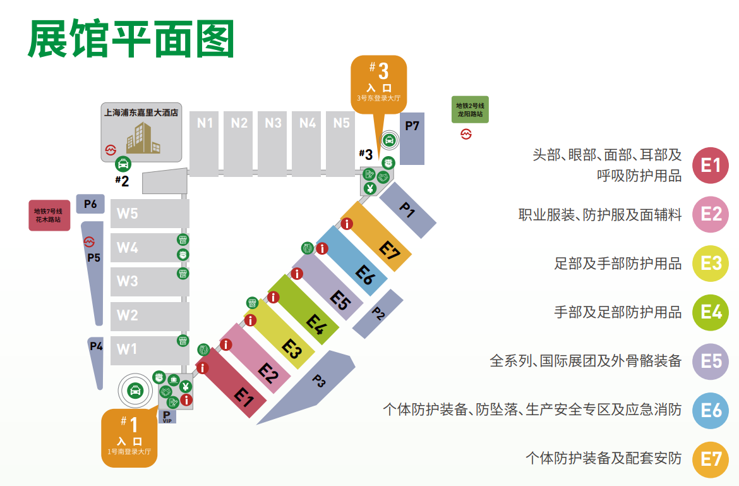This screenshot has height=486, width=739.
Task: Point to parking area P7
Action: click(x=412, y=139)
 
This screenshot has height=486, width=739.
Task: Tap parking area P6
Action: click(x=90, y=204)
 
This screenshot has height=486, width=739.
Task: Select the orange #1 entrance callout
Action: click(x=129, y=438)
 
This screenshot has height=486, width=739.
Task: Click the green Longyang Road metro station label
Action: click(x=470, y=109)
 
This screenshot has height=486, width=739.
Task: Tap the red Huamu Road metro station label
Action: click(x=49, y=215)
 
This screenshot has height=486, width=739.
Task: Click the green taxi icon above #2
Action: click(x=123, y=164)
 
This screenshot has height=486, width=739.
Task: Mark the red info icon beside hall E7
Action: click(x=346, y=224)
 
